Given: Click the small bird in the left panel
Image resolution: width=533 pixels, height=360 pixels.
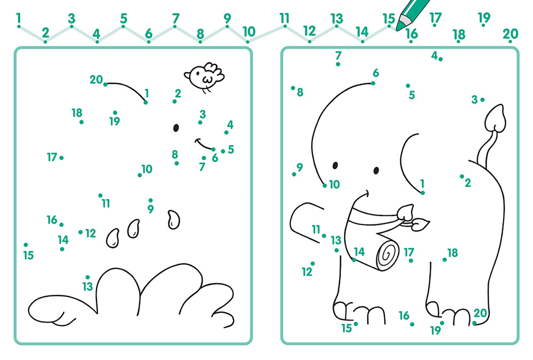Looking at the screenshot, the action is (x=204, y=77).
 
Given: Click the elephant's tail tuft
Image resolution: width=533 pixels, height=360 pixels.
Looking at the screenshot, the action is (x=495, y=118).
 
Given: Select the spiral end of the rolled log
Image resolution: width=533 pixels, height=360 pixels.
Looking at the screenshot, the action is (x=387, y=255).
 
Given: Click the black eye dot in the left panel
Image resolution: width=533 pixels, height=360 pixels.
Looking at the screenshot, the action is (x=176, y=127).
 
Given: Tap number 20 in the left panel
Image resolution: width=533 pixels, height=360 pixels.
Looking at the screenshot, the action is (x=96, y=79).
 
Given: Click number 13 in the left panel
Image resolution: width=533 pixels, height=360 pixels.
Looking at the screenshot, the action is (x=88, y=286).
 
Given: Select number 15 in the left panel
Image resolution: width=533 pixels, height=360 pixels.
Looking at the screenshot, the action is (x=29, y=255).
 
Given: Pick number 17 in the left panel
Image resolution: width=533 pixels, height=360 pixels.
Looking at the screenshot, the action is (x=52, y=157).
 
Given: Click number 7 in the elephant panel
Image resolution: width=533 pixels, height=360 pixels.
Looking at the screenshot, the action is (x=338, y=55).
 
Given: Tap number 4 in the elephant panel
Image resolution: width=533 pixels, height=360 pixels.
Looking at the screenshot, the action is (x=434, y=55).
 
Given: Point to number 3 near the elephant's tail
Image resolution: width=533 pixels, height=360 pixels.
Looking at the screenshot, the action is (x=474, y=100).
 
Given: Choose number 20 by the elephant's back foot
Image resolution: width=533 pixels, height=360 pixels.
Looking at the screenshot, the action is (x=480, y=313).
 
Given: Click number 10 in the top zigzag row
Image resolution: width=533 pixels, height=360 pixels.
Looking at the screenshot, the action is (x=249, y=31).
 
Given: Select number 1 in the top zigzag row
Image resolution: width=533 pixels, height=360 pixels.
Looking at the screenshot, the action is (x=18, y=18).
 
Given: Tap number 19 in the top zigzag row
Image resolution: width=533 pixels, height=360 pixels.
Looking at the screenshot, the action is (x=484, y=18).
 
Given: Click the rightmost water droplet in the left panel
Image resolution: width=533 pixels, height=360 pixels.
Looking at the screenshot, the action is (x=173, y=220).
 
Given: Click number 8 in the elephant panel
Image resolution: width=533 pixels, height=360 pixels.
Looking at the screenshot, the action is (x=300, y=92).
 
